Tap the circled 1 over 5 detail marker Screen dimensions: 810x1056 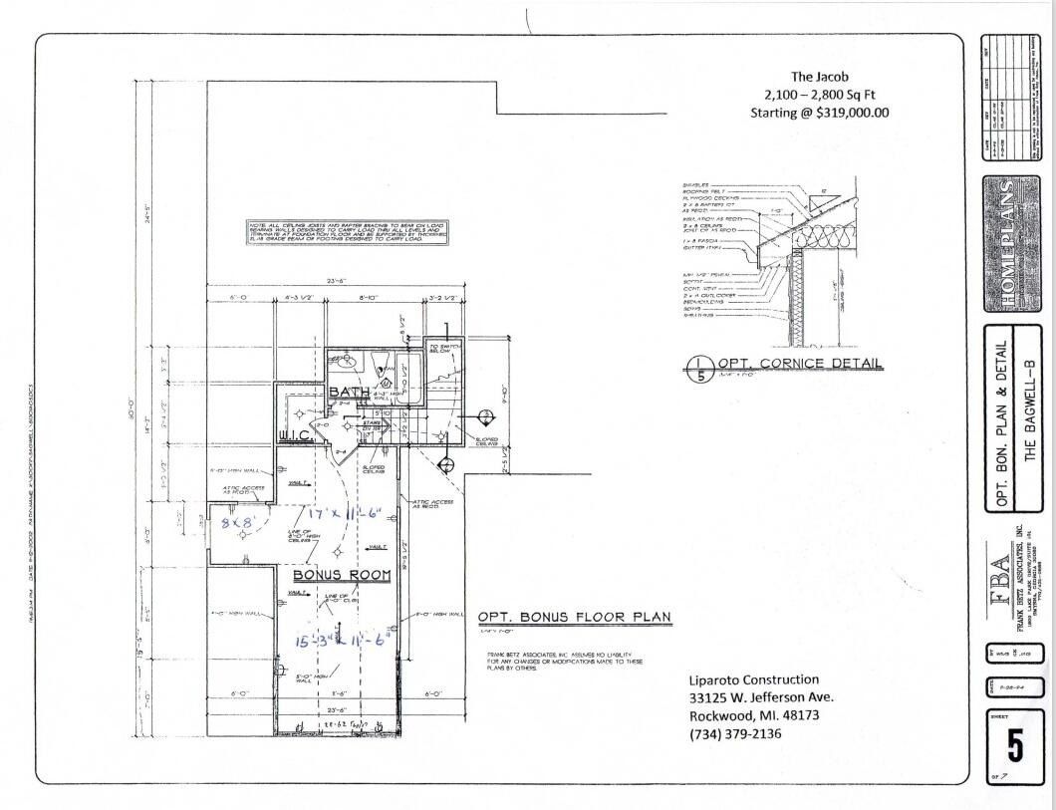pos(700,368)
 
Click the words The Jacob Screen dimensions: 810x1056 pos(819,76)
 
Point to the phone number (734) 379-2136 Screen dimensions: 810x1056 pos(735,734)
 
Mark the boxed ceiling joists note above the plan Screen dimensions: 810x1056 pos(348,233)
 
